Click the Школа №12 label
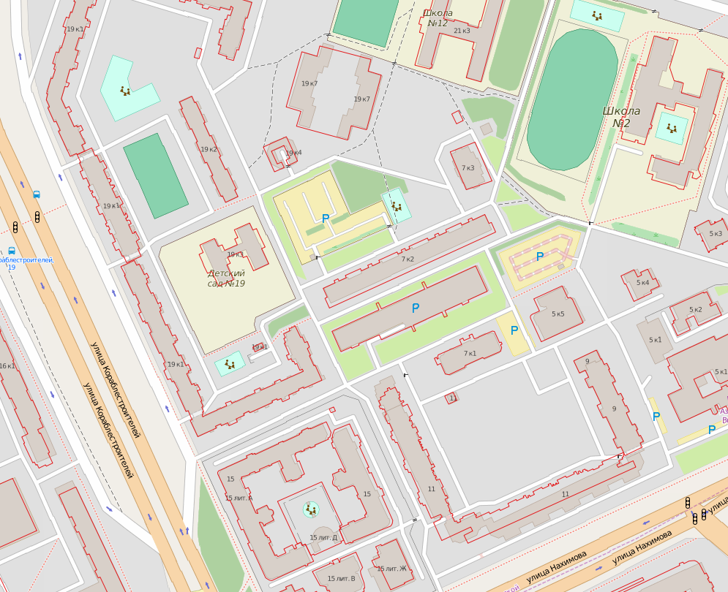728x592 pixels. [438, 18]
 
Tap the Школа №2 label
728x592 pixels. [621, 117]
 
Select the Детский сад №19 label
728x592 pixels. [226, 278]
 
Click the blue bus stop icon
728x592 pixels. [37, 195]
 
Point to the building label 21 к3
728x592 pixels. [462, 31]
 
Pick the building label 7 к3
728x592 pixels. [468, 168]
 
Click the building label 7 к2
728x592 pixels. [408, 259]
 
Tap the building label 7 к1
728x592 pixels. [469, 354]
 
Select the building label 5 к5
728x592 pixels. [558, 314]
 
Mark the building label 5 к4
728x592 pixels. [642, 283]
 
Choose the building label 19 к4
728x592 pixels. [293, 153]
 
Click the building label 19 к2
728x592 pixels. [209, 150]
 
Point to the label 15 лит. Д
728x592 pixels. [323, 538]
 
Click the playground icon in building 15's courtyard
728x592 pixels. [312, 509]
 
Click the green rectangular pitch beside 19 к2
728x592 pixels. [155, 175]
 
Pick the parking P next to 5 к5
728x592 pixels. [514, 330]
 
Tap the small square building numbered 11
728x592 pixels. [453, 398]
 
